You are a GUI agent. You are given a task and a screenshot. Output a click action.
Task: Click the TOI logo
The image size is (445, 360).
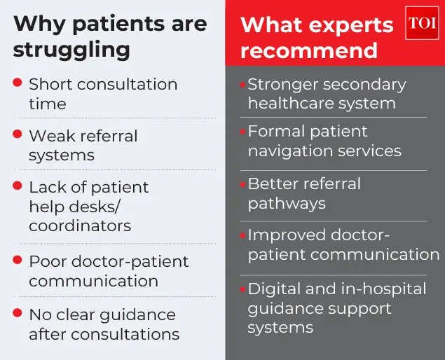point(422,22)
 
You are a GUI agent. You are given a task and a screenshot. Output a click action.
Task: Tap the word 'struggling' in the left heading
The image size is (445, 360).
point(71,50)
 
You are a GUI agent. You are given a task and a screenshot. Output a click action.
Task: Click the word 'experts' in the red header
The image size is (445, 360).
point(351,26)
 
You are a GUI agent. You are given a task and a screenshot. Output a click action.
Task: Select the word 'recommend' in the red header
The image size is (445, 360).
point(309,50)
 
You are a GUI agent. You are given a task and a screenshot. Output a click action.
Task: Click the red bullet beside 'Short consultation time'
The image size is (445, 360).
point(18,82)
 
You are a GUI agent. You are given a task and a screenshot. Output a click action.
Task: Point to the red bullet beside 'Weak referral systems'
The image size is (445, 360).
point(18,134)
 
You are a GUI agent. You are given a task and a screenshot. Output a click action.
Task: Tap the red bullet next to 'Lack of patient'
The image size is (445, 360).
point(18,186)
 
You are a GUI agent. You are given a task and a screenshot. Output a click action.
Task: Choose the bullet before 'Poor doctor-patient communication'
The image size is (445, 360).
point(18,260)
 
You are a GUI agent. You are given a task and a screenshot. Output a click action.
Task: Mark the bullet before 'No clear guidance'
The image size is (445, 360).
point(18,312)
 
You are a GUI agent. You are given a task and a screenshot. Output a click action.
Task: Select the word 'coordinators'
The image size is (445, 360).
point(80,226)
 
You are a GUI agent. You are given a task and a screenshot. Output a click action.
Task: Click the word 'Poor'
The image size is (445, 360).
point(48,261)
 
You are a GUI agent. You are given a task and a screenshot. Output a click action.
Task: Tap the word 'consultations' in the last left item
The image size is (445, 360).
point(125,334)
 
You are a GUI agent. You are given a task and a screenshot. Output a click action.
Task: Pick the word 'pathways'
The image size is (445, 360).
point(287,204)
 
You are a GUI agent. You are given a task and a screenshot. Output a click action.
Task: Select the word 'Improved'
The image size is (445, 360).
point(287,235)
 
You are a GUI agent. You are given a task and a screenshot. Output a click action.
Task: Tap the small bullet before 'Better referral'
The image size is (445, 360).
point(242,185)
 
